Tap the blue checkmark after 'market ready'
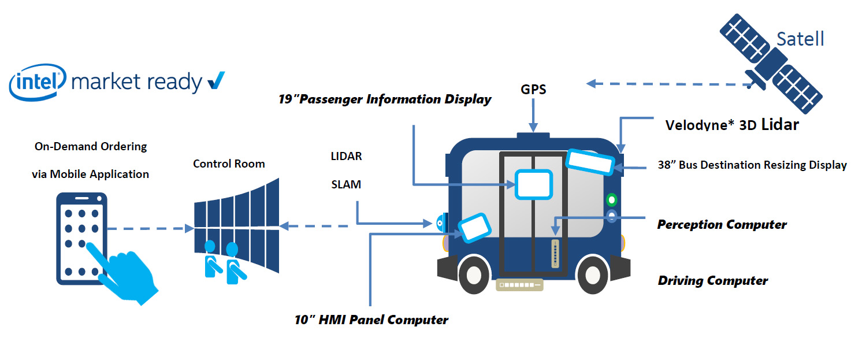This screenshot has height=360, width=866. pyautogui.click(x=215, y=81)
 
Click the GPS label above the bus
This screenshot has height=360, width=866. pyautogui.click(x=533, y=90)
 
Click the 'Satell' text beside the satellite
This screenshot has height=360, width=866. pyautogui.click(x=800, y=39)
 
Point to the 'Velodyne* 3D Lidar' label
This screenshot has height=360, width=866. pyautogui.click(x=732, y=125)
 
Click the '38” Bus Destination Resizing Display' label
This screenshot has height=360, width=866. pyautogui.click(x=752, y=165)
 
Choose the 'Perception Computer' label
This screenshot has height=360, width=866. pyautogui.click(x=722, y=224)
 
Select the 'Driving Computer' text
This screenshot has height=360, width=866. pyautogui.click(x=712, y=281)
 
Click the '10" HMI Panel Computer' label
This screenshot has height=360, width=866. pyautogui.click(x=371, y=320)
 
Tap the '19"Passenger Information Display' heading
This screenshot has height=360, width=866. pyautogui.click(x=384, y=99)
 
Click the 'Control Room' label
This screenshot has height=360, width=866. pyautogui.click(x=229, y=164)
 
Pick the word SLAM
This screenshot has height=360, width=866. pyautogui.click(x=346, y=185)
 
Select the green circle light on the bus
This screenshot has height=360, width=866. pyautogui.click(x=611, y=200)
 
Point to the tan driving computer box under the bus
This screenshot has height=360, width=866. pyautogui.click(x=520, y=285)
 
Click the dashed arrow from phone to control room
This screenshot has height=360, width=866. pyautogui.click(x=150, y=229)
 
